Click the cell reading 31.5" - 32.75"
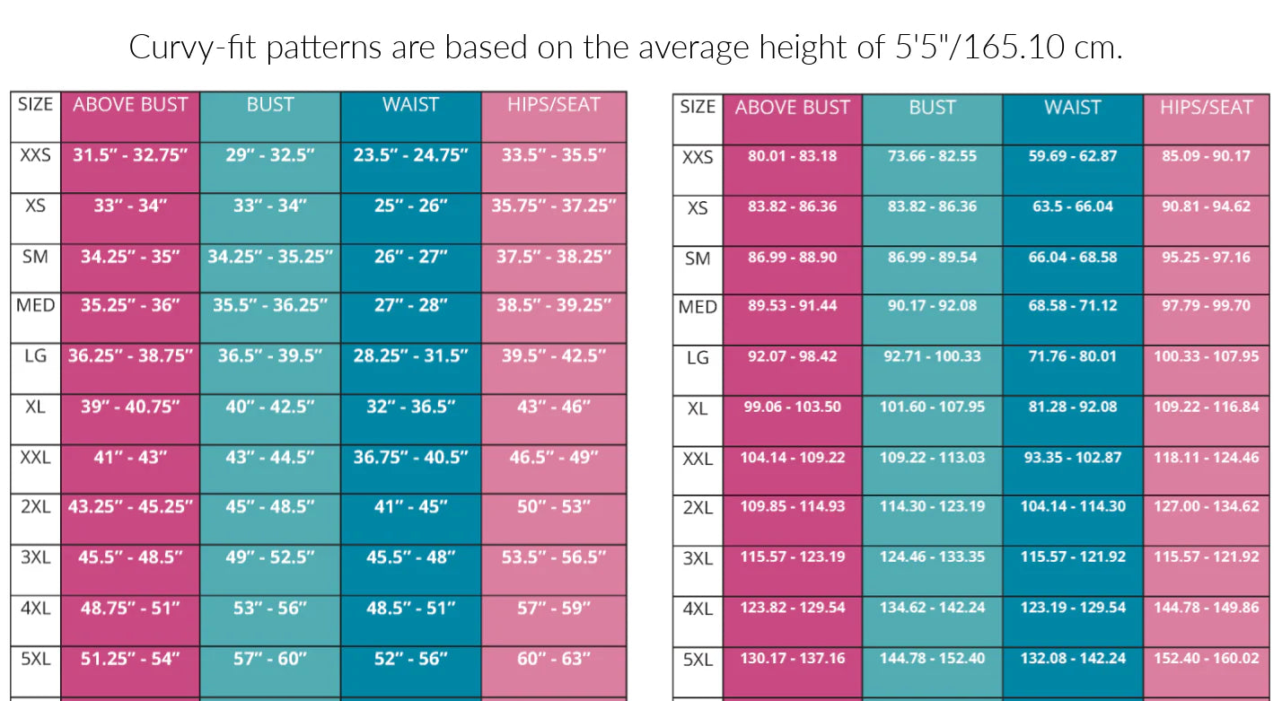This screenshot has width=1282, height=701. click(x=130, y=155)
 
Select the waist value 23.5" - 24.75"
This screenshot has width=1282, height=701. click(x=410, y=155)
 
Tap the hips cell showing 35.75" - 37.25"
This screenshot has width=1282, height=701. click(x=553, y=206)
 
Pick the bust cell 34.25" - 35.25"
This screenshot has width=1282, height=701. click(x=270, y=257)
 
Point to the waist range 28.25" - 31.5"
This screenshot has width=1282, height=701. click(x=410, y=355)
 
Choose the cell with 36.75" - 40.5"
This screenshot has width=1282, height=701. click(x=410, y=458)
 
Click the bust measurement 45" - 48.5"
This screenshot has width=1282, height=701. click(x=270, y=507)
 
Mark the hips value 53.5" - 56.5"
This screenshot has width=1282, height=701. click(x=553, y=557)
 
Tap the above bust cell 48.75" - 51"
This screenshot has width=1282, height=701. click(x=130, y=609)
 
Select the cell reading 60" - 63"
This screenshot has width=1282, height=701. click(x=553, y=659)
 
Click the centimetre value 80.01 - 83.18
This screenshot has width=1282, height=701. click(x=792, y=156)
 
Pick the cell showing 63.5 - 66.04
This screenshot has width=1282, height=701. click(x=1072, y=206)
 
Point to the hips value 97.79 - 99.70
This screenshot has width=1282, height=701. click(x=1206, y=306)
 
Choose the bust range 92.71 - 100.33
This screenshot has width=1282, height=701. click(x=932, y=356)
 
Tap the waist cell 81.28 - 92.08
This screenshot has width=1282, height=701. click(x=1072, y=407)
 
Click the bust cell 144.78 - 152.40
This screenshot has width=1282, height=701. click(x=932, y=659)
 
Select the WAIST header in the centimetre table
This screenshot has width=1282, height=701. click(x=1072, y=108)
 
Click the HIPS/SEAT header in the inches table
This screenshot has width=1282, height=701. click(x=553, y=105)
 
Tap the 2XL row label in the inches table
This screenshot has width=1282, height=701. click(x=36, y=507)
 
